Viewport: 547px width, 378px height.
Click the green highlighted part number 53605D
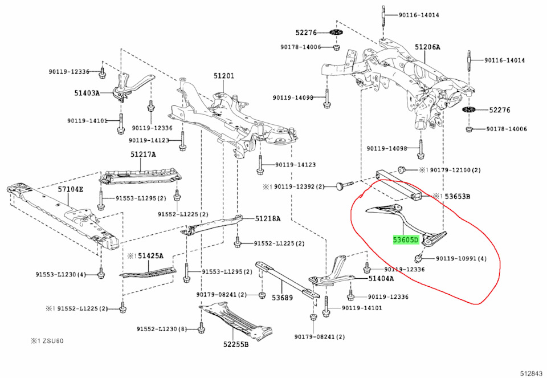(x=405, y=240)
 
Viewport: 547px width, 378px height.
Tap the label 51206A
(x=427, y=47)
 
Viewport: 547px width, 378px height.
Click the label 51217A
(x=143, y=154)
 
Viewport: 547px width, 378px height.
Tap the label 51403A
(x=87, y=92)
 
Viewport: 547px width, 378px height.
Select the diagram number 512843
(x=531, y=373)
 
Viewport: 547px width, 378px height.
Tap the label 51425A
(x=150, y=255)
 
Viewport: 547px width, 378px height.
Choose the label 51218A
(x=268, y=218)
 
